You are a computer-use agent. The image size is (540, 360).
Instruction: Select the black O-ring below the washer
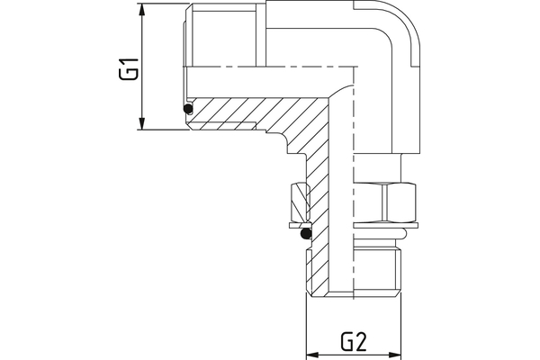tap(306, 234)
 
